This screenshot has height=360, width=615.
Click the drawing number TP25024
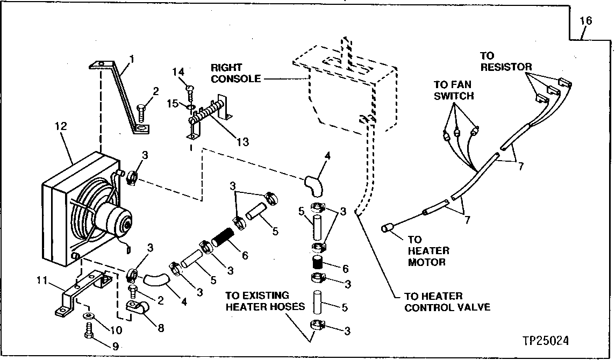coord(545,341)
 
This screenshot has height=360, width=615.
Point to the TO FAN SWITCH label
coord(454,90)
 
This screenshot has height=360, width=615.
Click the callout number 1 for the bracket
coord(132,57)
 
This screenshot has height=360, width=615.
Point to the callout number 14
coord(178,71)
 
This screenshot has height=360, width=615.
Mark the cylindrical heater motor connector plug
coord(387,229)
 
